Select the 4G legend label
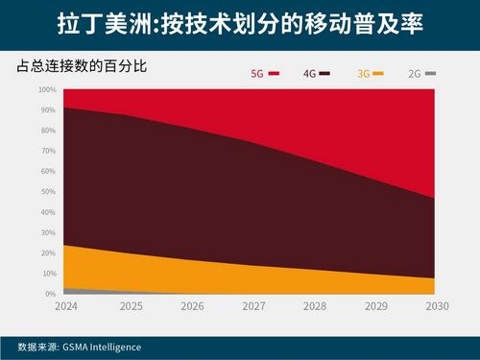pos(309,73)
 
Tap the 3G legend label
pos(363,73)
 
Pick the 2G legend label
pos(415,73)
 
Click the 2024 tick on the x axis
pos(66,307)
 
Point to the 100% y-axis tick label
pos(47,89)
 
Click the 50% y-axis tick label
pos(49,191)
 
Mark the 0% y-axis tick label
pos(51,293)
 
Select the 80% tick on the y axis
pos(49,131)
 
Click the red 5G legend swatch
pos(274,73)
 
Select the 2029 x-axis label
pos(374,307)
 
